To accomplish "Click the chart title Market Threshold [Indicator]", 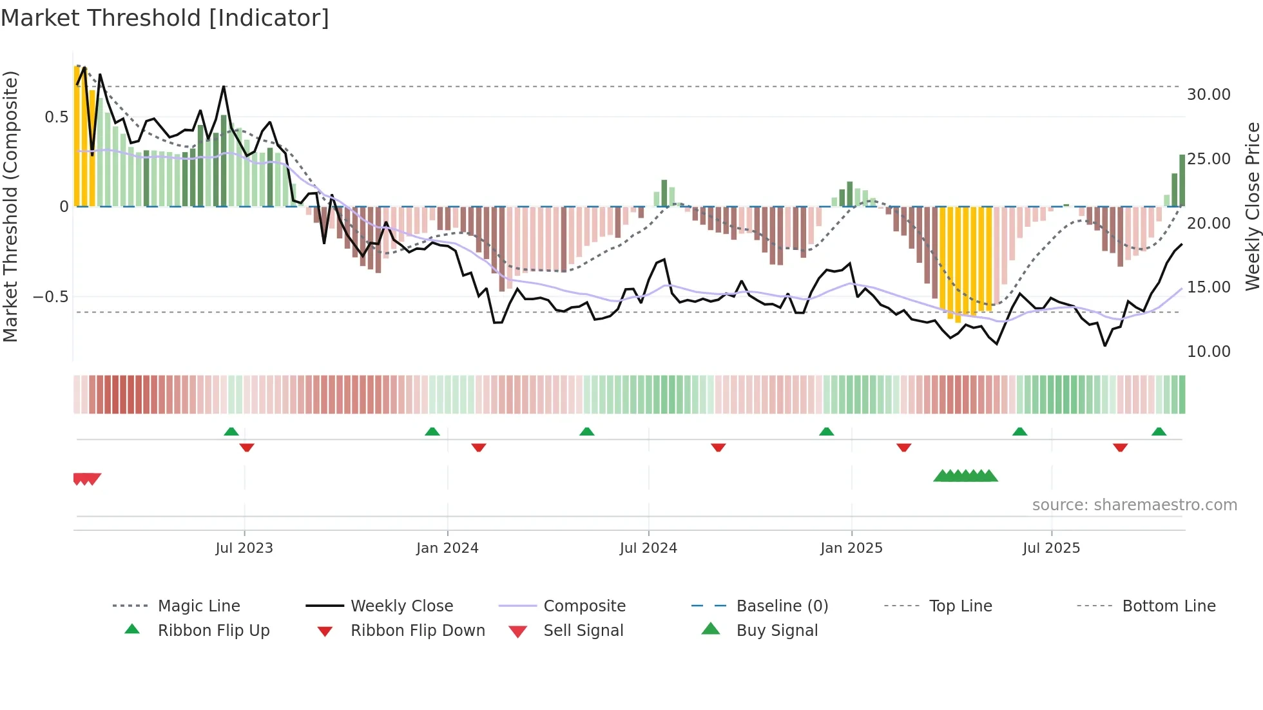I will coord(165,18).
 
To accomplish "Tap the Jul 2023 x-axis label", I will coord(244,548).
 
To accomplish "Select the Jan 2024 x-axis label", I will coord(447,548).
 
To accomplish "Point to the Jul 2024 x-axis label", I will coord(648,548).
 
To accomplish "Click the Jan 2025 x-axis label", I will coord(851,548).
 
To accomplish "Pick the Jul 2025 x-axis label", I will coord(1051,548).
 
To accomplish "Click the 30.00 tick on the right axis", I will coord(1208,95).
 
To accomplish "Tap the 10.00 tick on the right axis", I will coord(1208,352).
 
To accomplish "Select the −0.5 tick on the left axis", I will coord(51,297).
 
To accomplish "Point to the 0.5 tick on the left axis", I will coord(56,117).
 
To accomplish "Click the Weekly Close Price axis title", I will coord(1252,206).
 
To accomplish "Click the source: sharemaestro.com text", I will coord(1134,505).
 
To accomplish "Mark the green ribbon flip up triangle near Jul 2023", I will coord(231,432).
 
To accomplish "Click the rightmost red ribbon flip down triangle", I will coord(1120,447).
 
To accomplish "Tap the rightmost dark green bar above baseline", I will coord(1182,180).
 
